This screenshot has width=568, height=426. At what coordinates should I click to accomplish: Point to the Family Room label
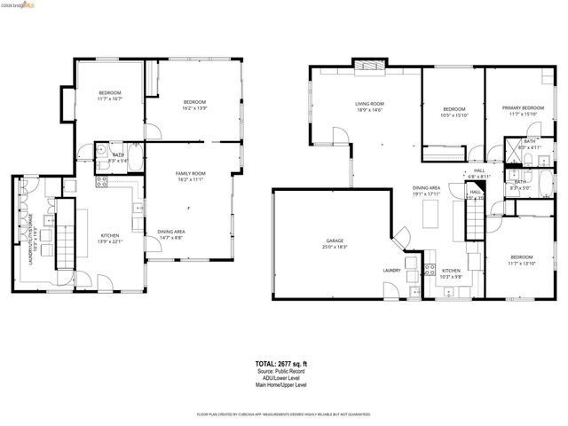pyautogui.click(x=190, y=176)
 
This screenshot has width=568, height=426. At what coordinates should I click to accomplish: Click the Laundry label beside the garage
pyautogui.click(x=391, y=271)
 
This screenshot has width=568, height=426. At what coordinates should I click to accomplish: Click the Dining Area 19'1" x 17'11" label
pyautogui.click(x=426, y=191)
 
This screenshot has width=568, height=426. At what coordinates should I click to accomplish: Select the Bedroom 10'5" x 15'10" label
pyautogui.click(x=454, y=112)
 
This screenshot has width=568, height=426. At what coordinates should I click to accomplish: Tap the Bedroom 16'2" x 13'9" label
pyautogui.click(x=194, y=105)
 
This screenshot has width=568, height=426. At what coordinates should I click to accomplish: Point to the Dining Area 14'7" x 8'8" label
pyautogui.click(x=171, y=234)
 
